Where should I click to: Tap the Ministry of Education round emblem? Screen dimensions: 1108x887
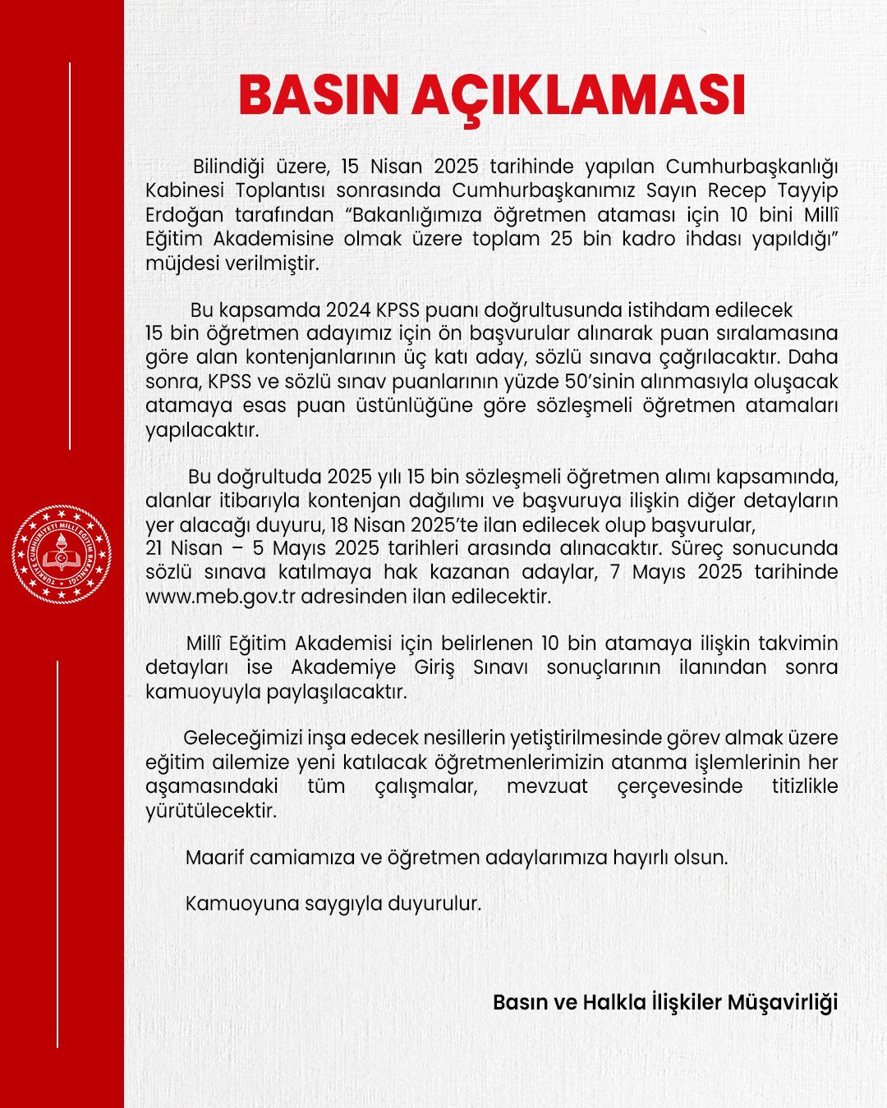pyautogui.click(x=62, y=555)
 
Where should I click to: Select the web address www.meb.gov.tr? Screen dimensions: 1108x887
pyautogui.click(x=220, y=597)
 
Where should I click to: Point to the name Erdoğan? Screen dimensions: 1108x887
pyautogui.click(x=184, y=215)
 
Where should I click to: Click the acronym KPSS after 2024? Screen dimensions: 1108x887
pyautogui.click(x=398, y=310)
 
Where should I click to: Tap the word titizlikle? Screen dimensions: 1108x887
pyautogui.click(x=804, y=785)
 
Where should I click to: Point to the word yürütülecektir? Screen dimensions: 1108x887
pyautogui.click(x=211, y=811)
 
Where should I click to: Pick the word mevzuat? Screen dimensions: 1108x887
pyautogui.click(x=547, y=785)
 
